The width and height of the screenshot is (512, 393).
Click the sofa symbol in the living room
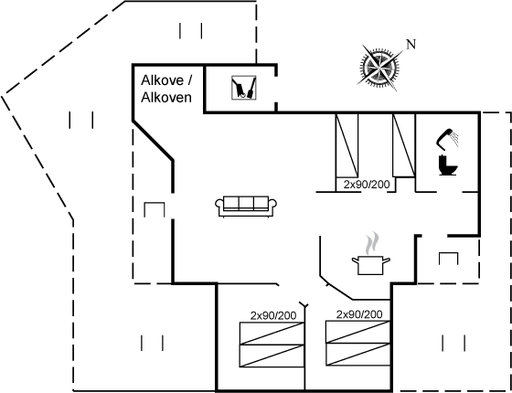pyautogui.click(x=246, y=207)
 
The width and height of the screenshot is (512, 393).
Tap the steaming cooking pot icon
pyautogui.click(x=370, y=264)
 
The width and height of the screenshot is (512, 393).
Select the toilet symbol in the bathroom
pyautogui.click(x=448, y=165)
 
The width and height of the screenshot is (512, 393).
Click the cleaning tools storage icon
pyautogui.click(x=243, y=88)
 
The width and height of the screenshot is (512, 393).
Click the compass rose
pyautogui.click(x=380, y=68)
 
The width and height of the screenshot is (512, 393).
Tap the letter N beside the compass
pyautogui.click(x=411, y=45)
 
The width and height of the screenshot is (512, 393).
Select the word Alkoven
pyautogui.click(x=166, y=98)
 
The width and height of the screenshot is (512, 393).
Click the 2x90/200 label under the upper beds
pyautogui.click(x=367, y=185)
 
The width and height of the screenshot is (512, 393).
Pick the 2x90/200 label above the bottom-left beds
pyautogui.click(x=273, y=315)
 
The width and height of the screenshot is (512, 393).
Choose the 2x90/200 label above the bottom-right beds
pyautogui.click(x=359, y=314)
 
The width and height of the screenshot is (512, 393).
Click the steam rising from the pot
pyautogui.click(x=373, y=243)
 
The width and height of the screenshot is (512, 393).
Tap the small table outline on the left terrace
pyautogui.click(x=155, y=209)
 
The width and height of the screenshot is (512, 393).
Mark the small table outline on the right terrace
pyautogui.click(x=448, y=259)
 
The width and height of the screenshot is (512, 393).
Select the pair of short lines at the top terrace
pyautogui.click(x=191, y=31)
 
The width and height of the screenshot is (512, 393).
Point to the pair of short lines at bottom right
pyautogui.click(x=453, y=343)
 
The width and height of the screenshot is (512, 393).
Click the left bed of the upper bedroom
pyautogui.click(x=347, y=145)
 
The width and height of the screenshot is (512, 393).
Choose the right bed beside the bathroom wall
pyautogui.click(x=404, y=145)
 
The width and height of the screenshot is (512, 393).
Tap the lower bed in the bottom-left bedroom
pyautogui.click(x=272, y=356)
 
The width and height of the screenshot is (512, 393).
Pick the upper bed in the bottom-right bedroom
pyautogui.click(x=358, y=332)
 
